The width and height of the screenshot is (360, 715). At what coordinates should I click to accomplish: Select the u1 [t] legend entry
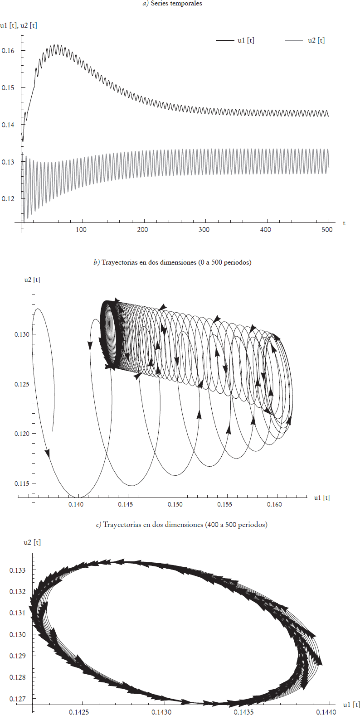pos(235,40)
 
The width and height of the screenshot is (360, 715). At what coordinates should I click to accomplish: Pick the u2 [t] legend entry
pos(305,40)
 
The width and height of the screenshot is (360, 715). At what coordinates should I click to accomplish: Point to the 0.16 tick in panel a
pos(8,51)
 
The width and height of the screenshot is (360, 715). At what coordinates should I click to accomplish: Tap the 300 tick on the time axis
pos(204,230)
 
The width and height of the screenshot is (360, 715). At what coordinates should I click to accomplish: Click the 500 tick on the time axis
pos(327,230)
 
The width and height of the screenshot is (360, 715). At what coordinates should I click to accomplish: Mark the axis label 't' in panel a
pos(344,223)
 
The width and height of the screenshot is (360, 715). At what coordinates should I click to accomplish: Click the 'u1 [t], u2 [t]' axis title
pos(19,25)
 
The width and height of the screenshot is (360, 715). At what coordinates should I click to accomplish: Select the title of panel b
pos(172,262)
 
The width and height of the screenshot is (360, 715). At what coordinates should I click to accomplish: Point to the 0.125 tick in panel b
pos(22,384)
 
